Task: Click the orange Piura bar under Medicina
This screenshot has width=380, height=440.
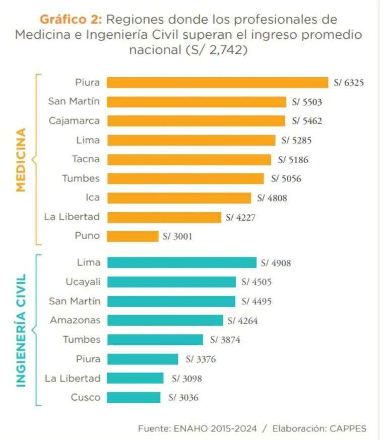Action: point(217,83)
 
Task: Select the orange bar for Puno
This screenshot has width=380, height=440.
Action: point(133,236)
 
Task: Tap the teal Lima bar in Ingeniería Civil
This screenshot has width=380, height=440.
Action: point(181,263)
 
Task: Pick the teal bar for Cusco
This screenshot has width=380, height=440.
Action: point(134,397)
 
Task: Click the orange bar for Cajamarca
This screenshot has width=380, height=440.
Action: point(196,121)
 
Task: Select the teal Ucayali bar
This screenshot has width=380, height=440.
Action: point(171,282)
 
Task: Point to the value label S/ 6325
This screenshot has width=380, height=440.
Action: point(349,83)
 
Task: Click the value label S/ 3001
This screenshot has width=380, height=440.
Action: point(177,236)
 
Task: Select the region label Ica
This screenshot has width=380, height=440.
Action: point(93,198)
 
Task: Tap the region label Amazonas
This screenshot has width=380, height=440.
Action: point(75,320)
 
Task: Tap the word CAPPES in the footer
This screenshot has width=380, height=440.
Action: point(347,428)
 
